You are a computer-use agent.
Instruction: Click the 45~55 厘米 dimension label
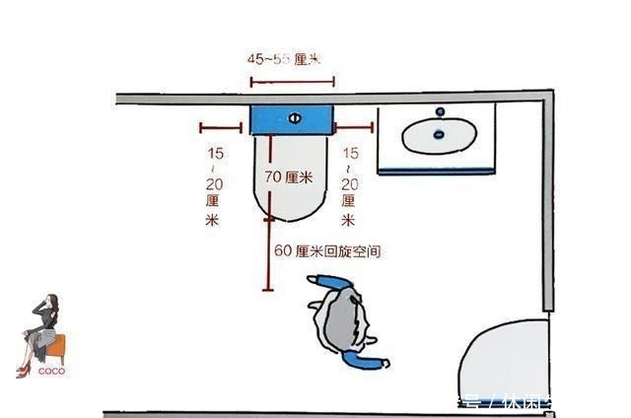pyautogui.click(x=283, y=59)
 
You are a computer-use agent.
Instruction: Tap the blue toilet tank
pyautogui.click(x=292, y=119)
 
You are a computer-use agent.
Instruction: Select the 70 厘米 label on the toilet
pyautogui.click(x=288, y=177)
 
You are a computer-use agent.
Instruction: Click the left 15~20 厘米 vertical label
pyautogui.click(x=214, y=186)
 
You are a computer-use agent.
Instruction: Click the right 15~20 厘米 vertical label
pyautogui.click(x=348, y=186)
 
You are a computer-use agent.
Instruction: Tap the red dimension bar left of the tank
pyautogui.click(x=220, y=126)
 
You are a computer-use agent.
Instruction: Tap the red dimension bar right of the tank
pyautogui.click(x=353, y=126)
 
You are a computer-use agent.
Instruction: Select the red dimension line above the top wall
pyautogui.click(x=292, y=79)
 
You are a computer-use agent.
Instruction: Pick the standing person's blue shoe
pyautogui.click(x=375, y=362)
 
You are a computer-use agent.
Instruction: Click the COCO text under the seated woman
pyautogui.click(x=51, y=373)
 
